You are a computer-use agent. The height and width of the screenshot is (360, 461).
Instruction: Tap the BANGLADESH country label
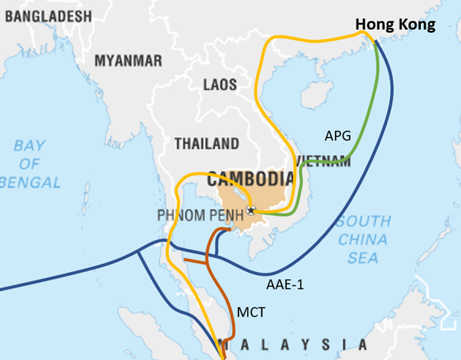[48, 16]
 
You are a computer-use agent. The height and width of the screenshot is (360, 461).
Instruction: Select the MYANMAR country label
[128, 60]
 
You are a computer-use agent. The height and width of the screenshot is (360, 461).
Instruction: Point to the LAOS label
[220, 85]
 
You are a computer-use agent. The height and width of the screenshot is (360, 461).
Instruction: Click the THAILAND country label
[207, 144]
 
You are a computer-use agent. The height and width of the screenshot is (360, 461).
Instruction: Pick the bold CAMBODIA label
[250, 179]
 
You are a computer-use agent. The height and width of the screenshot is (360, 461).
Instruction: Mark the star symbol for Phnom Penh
[250, 211]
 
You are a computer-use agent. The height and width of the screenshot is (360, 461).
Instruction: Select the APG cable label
[338, 136]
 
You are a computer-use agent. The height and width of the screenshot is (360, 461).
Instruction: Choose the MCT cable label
[250, 312]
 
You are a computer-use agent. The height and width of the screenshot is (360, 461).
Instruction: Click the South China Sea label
[363, 239]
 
